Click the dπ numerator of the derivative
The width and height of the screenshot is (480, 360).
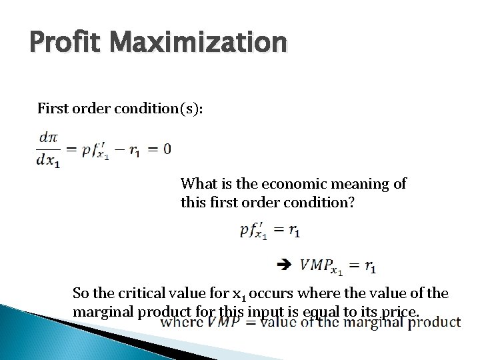[49, 138]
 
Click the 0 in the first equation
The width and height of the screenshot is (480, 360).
[166, 149]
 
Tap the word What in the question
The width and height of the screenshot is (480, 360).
[198, 183]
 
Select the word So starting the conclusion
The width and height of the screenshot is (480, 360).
[80, 293]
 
